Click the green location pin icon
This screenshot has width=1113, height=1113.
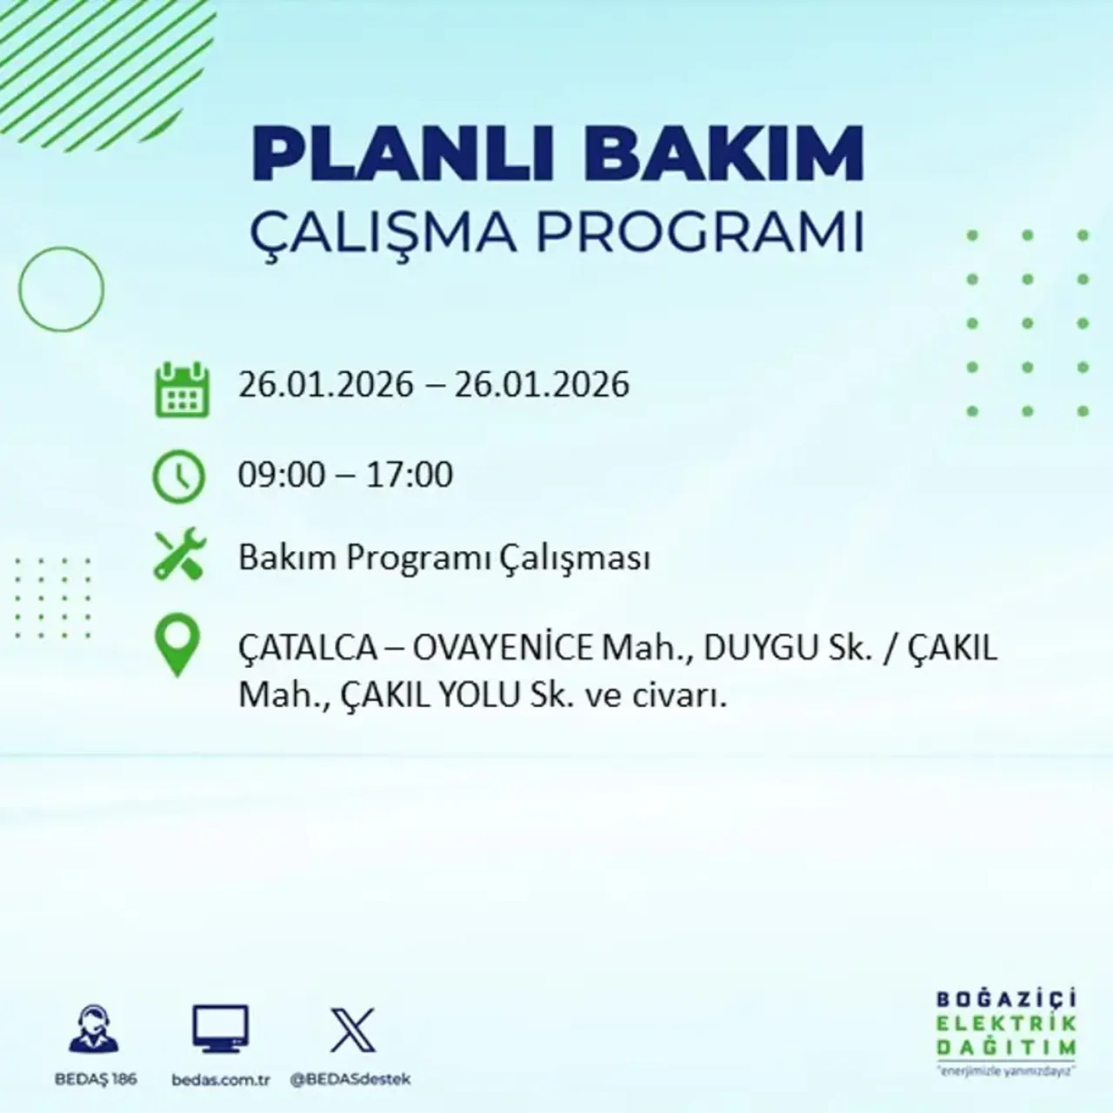177,645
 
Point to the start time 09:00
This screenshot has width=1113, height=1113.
281,475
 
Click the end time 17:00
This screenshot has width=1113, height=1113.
410,475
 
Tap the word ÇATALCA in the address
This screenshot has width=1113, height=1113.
309,648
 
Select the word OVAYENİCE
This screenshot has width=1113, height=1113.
503,648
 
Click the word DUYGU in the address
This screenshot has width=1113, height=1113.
758,648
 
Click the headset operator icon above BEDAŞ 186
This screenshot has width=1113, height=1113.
94,1030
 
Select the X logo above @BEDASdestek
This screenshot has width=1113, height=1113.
352,1030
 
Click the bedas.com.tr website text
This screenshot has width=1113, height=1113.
221,1080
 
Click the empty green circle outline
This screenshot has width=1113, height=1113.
61,289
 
